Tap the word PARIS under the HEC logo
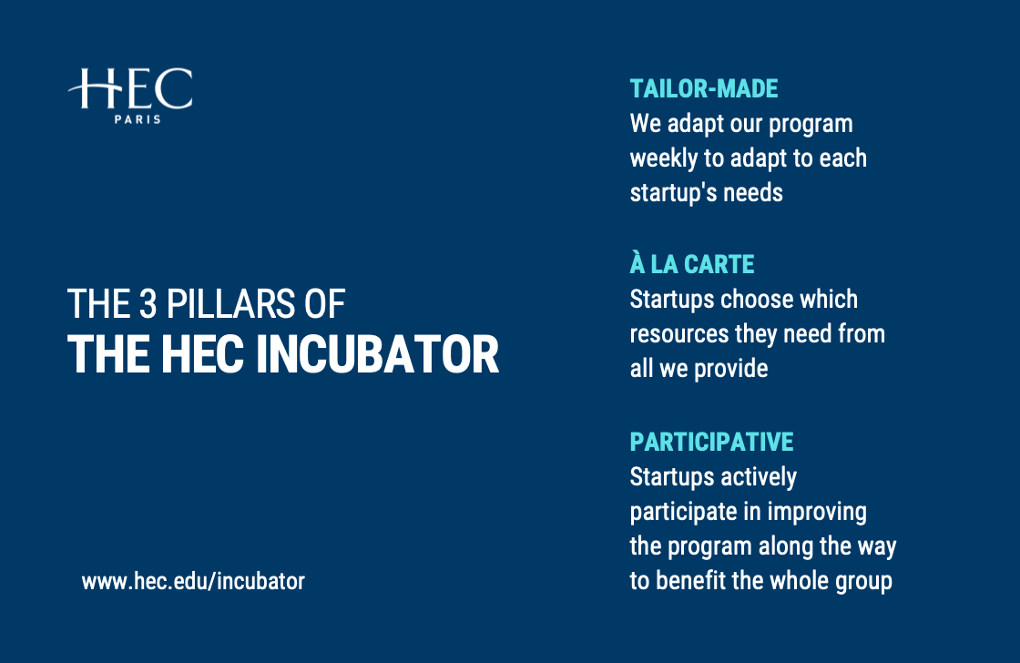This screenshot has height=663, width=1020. coord(138,119)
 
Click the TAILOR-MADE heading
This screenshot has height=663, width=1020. coord(704,88)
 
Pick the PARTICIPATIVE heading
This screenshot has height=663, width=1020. coord(711,442)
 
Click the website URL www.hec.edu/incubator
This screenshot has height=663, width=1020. coord(193,581)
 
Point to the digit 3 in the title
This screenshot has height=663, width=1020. coord(148,304)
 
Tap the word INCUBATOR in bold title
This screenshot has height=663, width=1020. coord(377,354)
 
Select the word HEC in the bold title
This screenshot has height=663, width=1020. coord(202,354)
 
